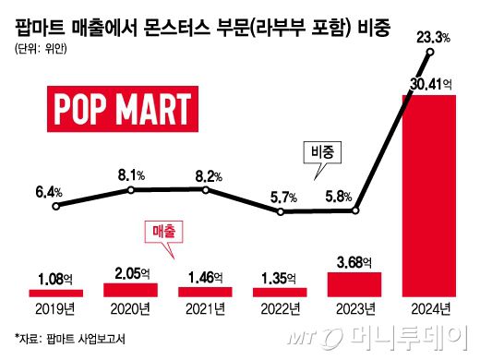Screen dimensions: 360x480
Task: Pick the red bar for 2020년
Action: click(131, 289)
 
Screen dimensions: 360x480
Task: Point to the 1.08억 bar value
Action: click(55, 276)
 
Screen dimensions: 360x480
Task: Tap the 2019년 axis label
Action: click(55, 309)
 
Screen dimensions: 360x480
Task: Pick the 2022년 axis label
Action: click(280, 309)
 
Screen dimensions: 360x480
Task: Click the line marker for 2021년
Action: click(205, 191)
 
